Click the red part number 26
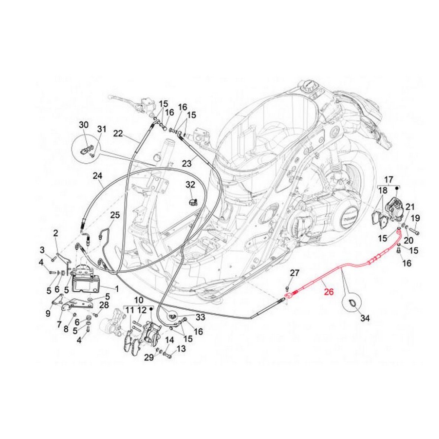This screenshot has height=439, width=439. pyautogui.click(x=329, y=281)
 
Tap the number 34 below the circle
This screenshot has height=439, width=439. pyautogui.click(x=365, y=318)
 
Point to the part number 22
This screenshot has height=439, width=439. pyautogui.click(x=118, y=134)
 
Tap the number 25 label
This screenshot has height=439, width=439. pyautogui.click(x=115, y=215)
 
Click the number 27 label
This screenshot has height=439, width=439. pyautogui.click(x=294, y=273)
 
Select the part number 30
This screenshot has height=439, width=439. pyautogui.click(x=84, y=125)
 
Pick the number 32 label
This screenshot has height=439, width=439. pyautogui.click(x=190, y=184)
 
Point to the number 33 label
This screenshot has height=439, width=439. pyautogui.click(x=201, y=317)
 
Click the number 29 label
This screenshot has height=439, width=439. pyautogui.click(x=149, y=358)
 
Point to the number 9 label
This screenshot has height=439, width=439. pyautogui.click(x=48, y=314)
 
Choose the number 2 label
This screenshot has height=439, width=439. pyautogui.click(x=55, y=233)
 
